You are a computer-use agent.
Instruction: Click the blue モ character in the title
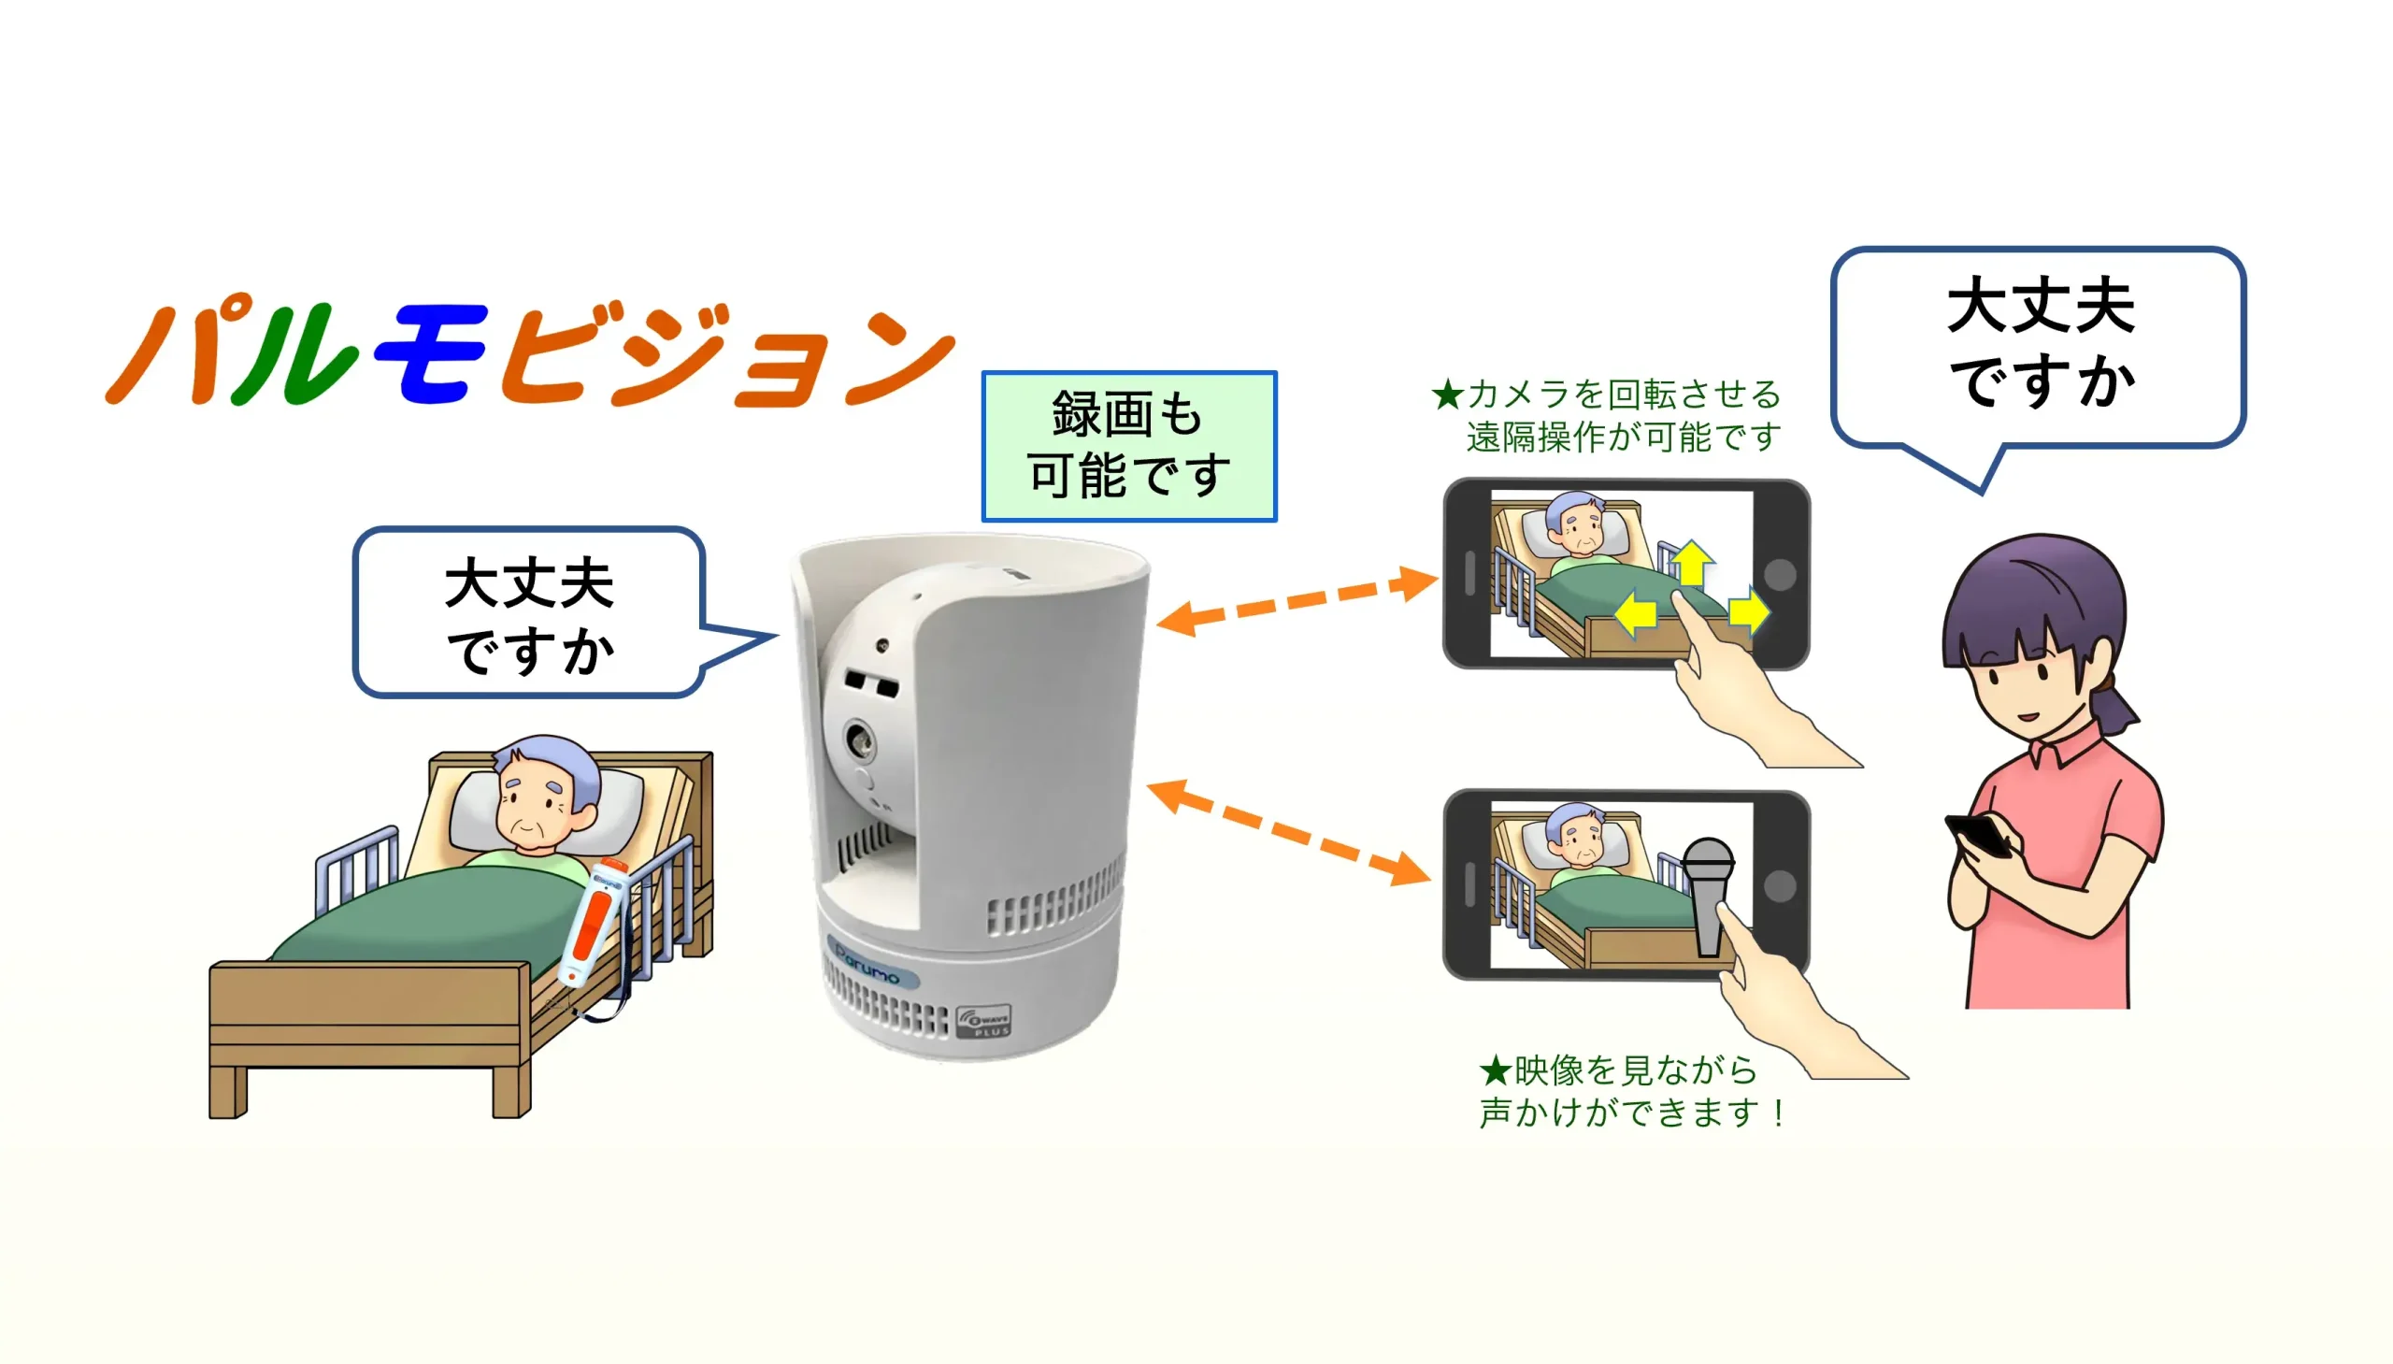pos(431,354)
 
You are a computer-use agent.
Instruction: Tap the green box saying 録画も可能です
pos(1128,446)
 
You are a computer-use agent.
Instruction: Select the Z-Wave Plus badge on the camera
pos(984,1019)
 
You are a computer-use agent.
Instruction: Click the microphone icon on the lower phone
pos(1709,895)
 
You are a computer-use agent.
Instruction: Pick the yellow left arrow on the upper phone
pos(1636,614)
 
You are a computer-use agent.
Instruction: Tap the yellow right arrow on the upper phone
pos(1748,612)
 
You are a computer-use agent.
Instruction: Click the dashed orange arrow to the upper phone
pos(1297,599)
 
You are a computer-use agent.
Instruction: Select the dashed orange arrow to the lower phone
pos(1289,832)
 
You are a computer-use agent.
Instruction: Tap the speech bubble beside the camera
pos(529,613)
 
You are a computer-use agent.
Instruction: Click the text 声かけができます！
pos(1631,1113)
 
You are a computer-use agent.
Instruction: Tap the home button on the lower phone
pos(1779,885)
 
